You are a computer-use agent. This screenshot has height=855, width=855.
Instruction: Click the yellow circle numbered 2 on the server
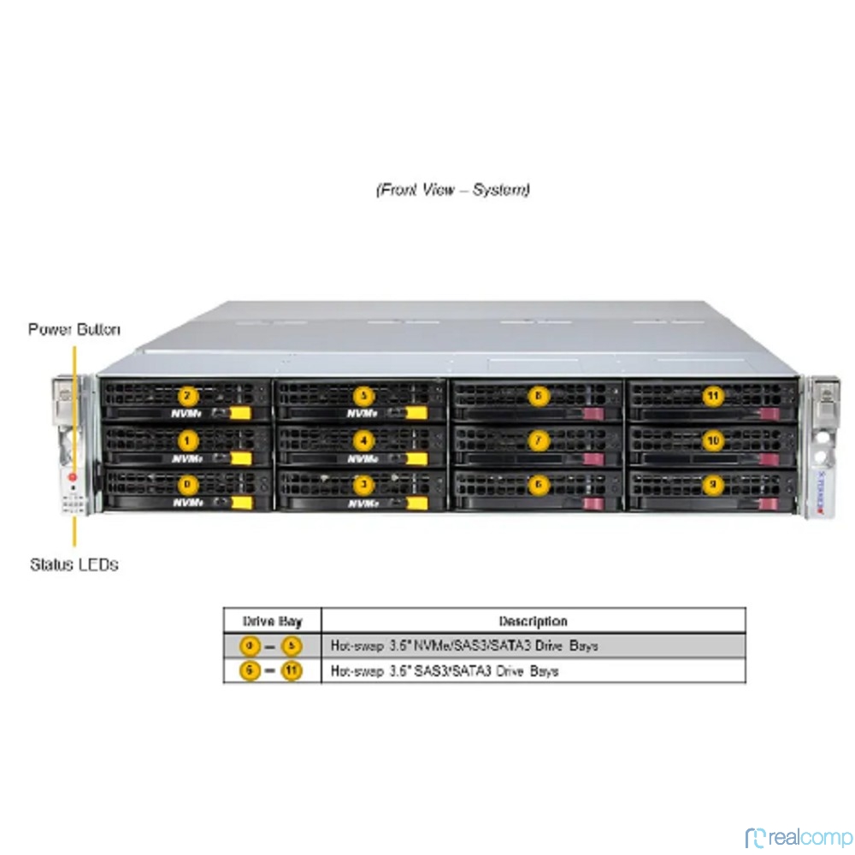[x=188, y=396]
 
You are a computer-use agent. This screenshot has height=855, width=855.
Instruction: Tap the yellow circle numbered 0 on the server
[x=188, y=485]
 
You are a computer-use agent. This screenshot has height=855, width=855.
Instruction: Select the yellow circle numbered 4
[x=364, y=440]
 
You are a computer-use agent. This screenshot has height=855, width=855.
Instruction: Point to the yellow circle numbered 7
[x=538, y=440]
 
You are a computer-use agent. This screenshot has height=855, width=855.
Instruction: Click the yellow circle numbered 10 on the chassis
[x=713, y=440]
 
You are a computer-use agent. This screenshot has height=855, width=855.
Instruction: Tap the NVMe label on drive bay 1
[x=186, y=458]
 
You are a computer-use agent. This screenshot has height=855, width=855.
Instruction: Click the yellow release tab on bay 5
[x=416, y=414]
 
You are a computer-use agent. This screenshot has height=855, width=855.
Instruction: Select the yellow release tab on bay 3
[x=416, y=503]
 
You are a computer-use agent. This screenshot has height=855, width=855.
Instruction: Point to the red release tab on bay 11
[x=768, y=414]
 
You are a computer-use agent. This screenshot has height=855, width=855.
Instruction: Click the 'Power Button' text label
[x=74, y=329]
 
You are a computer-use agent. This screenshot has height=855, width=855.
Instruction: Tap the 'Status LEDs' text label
[x=74, y=564]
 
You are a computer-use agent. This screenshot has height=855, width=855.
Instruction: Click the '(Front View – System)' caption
[x=452, y=189]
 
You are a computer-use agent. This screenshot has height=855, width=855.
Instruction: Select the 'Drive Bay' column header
[x=272, y=621]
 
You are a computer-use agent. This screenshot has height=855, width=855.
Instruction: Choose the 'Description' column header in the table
[x=533, y=621]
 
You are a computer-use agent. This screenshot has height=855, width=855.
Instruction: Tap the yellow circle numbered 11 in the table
[x=292, y=671]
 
